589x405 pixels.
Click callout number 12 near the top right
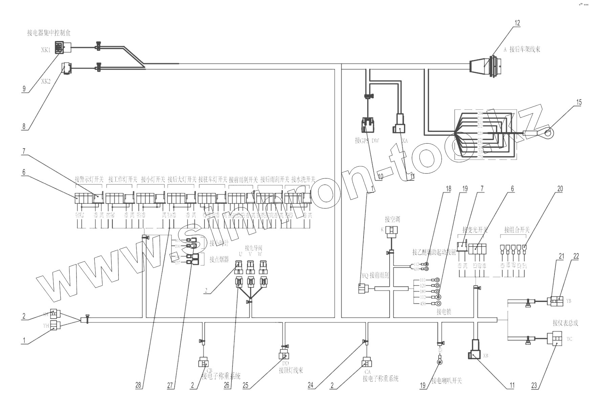[x=517, y=23]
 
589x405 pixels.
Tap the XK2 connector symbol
[x=66, y=68]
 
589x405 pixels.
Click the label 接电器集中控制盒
[x=49, y=33]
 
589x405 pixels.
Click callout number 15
[x=579, y=102]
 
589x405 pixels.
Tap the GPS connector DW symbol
[x=367, y=125]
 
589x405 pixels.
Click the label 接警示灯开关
[x=89, y=179]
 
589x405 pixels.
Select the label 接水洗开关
[x=303, y=179]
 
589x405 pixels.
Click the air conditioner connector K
[x=392, y=230]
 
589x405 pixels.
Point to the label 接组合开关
[x=517, y=230]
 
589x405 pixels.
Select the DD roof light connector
[x=284, y=355]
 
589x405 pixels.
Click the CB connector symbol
[x=203, y=363]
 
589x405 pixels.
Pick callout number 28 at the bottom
[x=138, y=385]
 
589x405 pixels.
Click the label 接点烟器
[x=219, y=260]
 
